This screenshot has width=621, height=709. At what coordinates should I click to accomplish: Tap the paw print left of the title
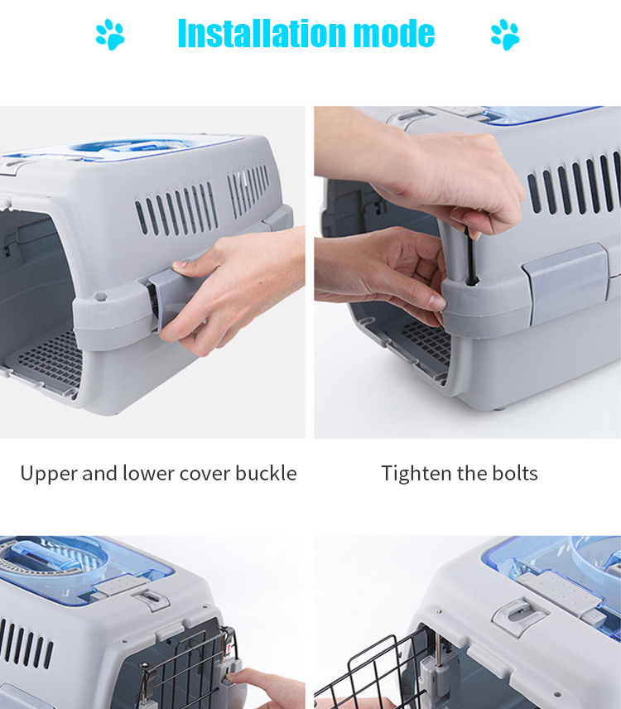click(x=110, y=34)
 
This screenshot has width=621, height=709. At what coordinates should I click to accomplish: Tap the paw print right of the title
click(x=505, y=34)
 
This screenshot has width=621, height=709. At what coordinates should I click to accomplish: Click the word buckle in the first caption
click(x=266, y=474)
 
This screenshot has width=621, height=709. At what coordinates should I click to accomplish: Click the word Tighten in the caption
click(x=416, y=474)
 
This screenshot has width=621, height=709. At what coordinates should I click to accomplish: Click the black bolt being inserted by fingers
click(x=470, y=257)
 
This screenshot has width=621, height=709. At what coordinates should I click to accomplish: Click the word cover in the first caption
click(x=205, y=475)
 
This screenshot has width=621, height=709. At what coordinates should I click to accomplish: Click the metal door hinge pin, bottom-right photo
click(x=437, y=652)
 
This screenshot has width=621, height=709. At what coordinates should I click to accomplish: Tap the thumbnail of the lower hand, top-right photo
click(x=437, y=301)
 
